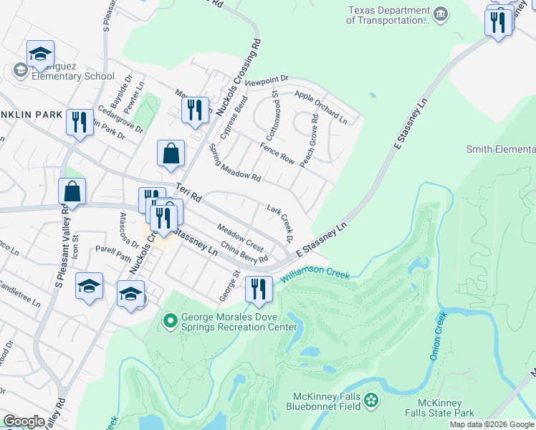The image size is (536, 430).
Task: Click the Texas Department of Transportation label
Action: [387, 15]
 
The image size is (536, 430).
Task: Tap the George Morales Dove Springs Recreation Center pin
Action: [171, 320]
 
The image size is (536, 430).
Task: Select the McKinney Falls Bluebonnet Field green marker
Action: [371, 398]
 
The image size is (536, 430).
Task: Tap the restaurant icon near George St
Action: [259, 289]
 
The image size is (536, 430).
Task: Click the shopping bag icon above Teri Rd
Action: [171, 153]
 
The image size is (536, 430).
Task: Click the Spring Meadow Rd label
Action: [234, 163]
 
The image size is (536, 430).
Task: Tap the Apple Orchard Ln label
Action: [320, 107]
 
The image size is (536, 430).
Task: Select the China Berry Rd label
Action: [244, 253]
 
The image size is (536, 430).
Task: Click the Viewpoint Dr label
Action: [266, 82]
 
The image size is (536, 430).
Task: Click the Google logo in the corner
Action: [24, 421]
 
